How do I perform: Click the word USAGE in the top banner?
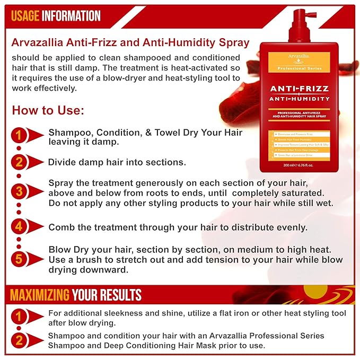pyautogui.click(x=25, y=16)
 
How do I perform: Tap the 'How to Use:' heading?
pyautogui.click(x=48, y=111)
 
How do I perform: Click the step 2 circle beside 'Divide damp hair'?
pyautogui.click(x=20, y=162)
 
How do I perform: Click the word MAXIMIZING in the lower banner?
pyautogui.click(x=40, y=295)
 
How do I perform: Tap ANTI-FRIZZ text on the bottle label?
pyautogui.click(x=299, y=89)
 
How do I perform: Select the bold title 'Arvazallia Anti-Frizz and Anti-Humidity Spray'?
pyautogui.click(x=130, y=42)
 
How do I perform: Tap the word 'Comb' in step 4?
pyautogui.click(x=60, y=227)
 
